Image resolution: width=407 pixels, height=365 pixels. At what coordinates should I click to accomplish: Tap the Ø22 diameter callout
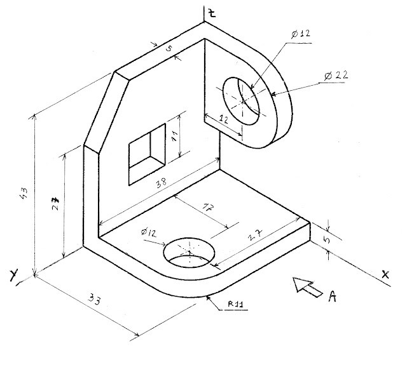(x=335, y=76)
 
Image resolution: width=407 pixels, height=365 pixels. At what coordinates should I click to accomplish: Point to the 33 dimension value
(x=95, y=298)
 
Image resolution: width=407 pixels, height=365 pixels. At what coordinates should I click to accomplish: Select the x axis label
(x=385, y=274)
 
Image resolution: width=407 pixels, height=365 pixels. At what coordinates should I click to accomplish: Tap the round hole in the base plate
(x=190, y=252)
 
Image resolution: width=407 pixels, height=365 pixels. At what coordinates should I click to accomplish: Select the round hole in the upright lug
(x=242, y=101)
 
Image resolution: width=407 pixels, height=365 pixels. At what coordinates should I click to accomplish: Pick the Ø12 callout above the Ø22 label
(x=300, y=33)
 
